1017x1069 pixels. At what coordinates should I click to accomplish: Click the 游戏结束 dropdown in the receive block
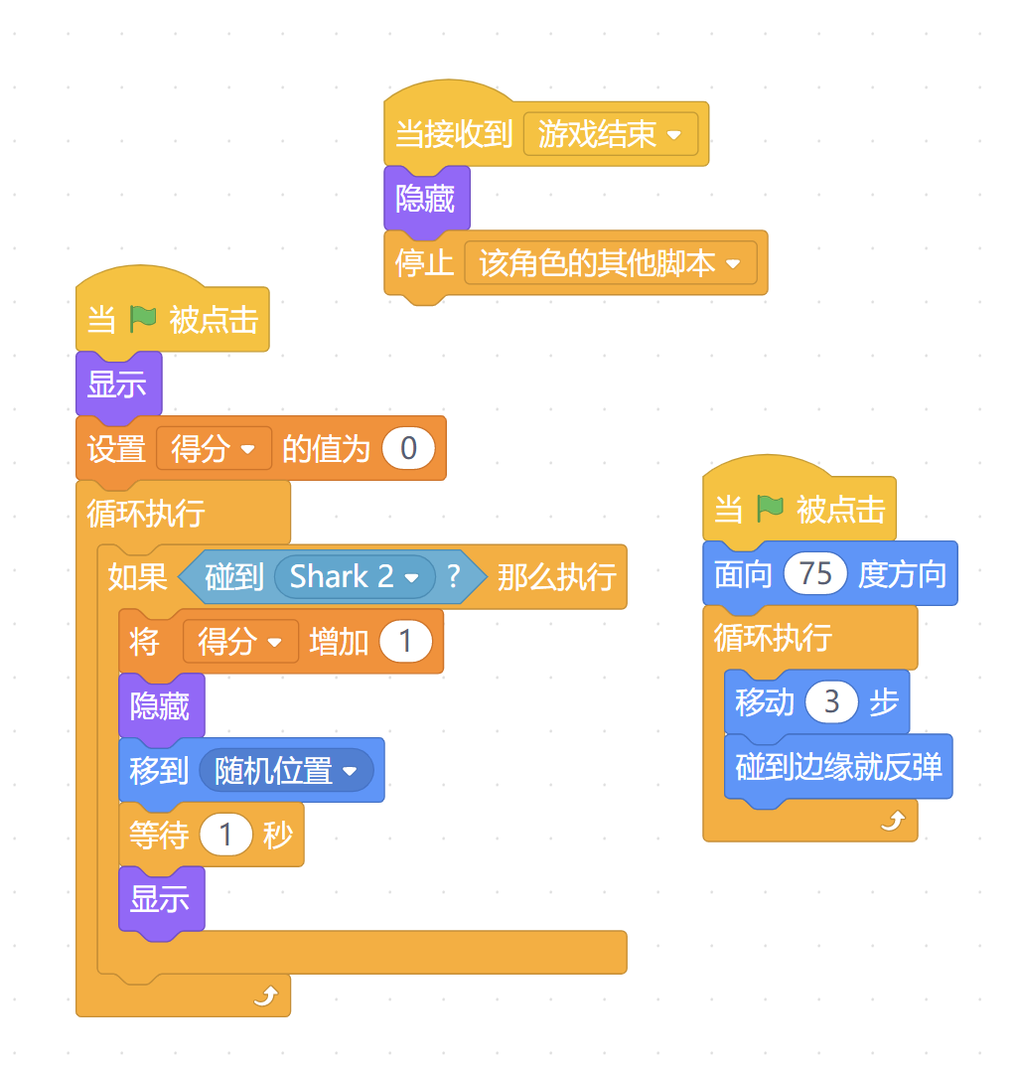610,134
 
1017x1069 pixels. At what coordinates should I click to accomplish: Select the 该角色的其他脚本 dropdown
610,263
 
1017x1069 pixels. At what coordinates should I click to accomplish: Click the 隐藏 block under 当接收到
426,200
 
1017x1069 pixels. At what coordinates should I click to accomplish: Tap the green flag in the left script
143,320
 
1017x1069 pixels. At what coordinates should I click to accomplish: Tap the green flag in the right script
770,510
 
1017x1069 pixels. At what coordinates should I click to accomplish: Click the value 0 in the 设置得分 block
408,449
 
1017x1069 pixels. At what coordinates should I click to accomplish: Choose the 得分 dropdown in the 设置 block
214,449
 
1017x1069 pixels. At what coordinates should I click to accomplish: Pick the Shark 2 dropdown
354,576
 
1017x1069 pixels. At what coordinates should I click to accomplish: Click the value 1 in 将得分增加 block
404,642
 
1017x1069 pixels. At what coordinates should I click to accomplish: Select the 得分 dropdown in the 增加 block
240,642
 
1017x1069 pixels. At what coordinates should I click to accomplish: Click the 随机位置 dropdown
286,770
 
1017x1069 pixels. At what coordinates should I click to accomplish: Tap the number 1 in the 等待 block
225,836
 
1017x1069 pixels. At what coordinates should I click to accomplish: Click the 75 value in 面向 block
814,574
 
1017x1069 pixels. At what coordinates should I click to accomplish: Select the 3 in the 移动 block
831,703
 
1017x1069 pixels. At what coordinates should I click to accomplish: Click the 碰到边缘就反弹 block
838,767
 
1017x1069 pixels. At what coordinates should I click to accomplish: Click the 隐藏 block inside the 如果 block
160,706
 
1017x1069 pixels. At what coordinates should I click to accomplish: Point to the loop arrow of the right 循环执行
893,821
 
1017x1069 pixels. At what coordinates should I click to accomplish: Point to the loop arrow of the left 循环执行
265,995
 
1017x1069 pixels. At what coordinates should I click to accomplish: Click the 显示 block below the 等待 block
160,899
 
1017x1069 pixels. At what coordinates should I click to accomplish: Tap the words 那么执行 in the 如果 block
556,576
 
